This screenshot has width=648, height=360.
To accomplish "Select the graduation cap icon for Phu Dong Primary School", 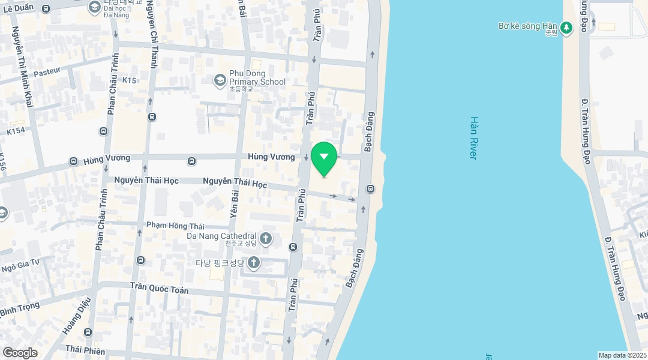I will point(220,79).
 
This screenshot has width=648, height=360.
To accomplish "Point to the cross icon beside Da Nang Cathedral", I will point(265,239).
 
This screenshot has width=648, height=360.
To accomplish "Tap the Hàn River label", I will point(473,137).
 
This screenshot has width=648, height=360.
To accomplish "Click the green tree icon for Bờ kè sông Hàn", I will point(566,28).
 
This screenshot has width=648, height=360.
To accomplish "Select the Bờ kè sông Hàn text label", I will point(528,26).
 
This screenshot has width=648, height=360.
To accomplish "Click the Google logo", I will point(20,353).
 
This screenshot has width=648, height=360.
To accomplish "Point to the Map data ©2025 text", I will point(622,355).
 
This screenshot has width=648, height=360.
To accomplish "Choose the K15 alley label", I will point(129,80).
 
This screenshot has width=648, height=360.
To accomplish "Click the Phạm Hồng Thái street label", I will point(175,226).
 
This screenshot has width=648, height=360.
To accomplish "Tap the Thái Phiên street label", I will point(85,350).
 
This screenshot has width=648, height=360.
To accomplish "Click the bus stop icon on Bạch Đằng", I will point(370,189).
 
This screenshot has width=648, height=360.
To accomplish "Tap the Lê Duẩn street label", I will point(19,7).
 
